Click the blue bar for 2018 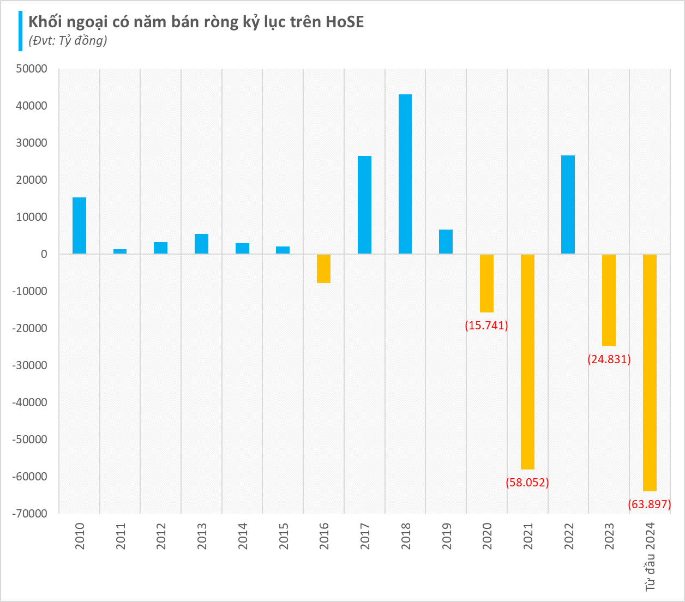click(405, 174)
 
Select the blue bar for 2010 click(80, 225)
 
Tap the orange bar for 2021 click(527, 362)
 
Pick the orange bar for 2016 click(324, 268)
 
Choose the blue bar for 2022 click(568, 204)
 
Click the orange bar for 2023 click(609, 300)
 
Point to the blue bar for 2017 click(364, 205)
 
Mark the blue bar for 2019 click(446, 242)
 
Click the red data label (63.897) click(649, 504)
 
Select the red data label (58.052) click(527, 482)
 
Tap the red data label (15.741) click(486, 326)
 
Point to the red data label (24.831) click(609, 359)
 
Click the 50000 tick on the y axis click(32, 69)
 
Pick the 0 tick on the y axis click(44, 254)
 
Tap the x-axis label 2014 click(243, 535)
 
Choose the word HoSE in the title click(345, 22)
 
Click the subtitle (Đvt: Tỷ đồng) click(68, 40)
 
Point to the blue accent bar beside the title click(21, 31)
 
